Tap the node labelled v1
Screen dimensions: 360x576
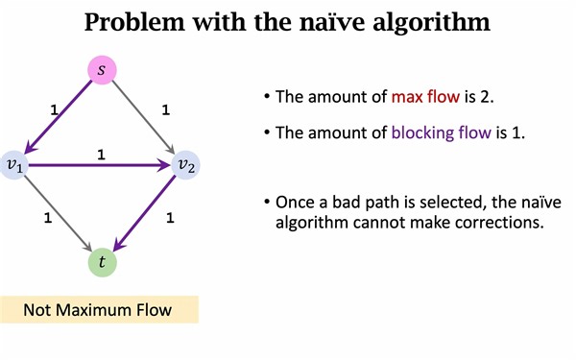13,166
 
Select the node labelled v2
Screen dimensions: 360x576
185,166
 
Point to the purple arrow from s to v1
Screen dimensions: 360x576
60,116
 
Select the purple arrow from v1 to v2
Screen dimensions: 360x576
100,166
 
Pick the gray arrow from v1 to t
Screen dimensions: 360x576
60,214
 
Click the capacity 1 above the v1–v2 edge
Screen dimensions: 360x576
102,153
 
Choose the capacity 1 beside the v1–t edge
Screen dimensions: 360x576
47,218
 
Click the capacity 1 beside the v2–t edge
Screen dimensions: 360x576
170,218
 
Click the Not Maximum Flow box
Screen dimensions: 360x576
99,309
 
